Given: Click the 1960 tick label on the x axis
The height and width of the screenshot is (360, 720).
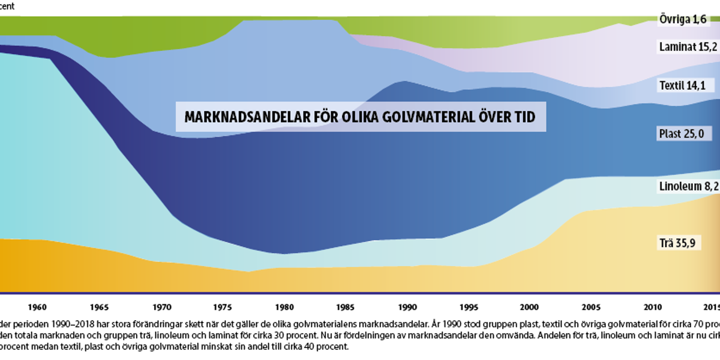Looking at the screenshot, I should click(37, 307).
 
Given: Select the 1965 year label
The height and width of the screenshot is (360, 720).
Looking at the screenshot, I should click(99, 307).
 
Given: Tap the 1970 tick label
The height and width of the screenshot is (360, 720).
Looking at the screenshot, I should click(162, 307).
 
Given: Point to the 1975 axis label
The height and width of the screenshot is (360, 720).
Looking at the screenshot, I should click(223, 307).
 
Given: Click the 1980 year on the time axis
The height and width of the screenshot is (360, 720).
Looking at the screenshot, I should click(284, 307).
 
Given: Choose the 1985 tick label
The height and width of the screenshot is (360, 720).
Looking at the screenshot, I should click(345, 307).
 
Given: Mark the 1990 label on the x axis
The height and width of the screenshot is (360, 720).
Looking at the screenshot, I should click(407, 307).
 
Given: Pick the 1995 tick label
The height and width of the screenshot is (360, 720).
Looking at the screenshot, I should click(469, 307).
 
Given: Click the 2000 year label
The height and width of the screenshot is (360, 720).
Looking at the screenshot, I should click(529, 307).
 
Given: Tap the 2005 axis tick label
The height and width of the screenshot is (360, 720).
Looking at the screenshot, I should click(591, 307).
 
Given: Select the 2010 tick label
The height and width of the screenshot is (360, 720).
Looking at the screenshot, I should click(653, 307).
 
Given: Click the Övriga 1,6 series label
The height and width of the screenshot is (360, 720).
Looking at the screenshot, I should click(683, 19).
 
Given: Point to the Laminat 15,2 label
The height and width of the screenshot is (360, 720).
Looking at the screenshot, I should click(688, 47).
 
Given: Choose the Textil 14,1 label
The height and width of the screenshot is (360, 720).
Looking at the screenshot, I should click(682, 85).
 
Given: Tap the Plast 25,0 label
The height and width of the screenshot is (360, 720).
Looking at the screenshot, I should click(682, 133).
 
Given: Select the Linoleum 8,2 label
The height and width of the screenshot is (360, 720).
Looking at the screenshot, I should click(688, 186).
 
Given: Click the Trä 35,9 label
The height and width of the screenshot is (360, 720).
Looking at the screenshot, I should click(677, 243).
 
